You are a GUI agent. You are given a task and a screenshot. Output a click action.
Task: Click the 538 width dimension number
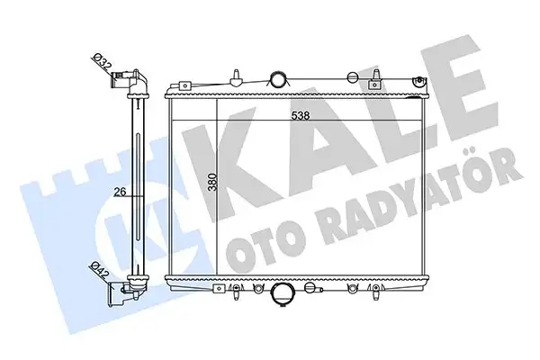300,115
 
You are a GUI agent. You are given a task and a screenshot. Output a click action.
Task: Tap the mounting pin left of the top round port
233,76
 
